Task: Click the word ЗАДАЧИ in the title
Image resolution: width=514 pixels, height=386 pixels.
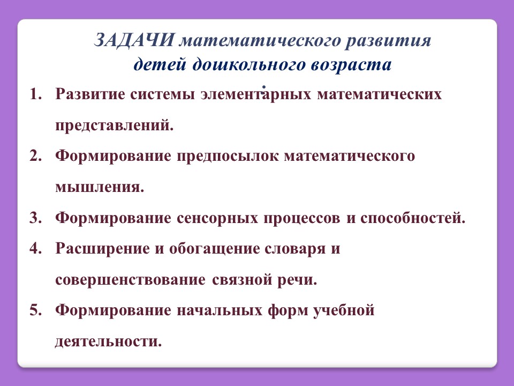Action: (x=134, y=40)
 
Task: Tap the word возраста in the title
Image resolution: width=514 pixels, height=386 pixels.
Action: (x=351, y=65)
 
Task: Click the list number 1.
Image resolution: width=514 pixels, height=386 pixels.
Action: (x=36, y=94)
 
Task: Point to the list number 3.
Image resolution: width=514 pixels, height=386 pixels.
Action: (x=36, y=218)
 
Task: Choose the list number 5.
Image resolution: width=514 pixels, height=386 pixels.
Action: (x=36, y=310)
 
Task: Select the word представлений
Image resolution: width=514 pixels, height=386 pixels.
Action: (x=114, y=125)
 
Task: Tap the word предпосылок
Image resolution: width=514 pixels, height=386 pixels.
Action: (x=228, y=157)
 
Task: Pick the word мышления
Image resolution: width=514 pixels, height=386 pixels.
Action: (x=100, y=188)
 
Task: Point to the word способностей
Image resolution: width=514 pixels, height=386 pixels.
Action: (x=413, y=218)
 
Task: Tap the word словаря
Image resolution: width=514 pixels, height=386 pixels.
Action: (x=295, y=249)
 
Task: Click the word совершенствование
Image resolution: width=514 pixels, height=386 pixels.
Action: (x=131, y=280)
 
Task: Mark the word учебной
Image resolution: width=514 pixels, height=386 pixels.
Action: (x=344, y=310)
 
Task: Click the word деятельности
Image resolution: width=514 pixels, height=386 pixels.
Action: (x=109, y=342)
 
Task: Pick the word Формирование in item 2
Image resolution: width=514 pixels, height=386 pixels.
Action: (x=113, y=157)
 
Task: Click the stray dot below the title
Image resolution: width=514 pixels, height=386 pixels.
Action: (x=263, y=87)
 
